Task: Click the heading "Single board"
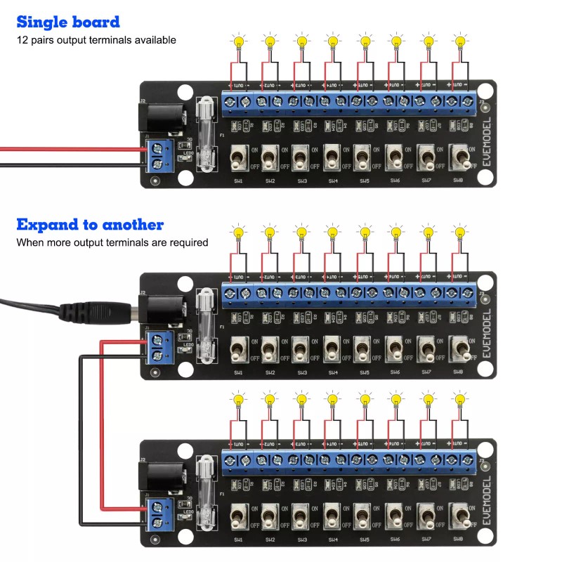(x=68, y=22)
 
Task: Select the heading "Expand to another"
(x=90, y=225)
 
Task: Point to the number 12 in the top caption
(x=22, y=40)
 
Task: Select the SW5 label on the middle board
(x=365, y=372)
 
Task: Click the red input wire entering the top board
(x=70, y=149)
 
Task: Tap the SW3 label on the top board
(x=301, y=181)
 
